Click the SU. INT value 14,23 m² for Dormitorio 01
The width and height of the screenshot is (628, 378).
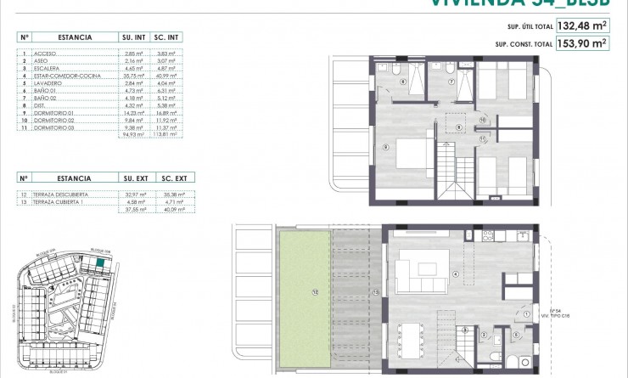pos(133,112)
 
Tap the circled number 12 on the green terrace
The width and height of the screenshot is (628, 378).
pos(316,293)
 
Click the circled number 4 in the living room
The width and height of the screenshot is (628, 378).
pos(456,274)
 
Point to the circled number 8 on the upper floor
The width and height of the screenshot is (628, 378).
pos(459,128)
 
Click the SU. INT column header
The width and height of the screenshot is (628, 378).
pos(133,37)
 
